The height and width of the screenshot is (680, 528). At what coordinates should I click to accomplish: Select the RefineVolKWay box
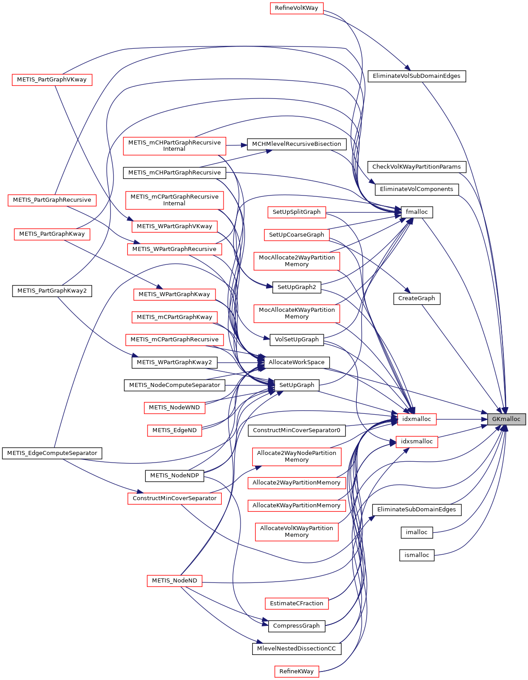(296, 8)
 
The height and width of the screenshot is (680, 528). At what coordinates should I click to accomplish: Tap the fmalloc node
(417, 212)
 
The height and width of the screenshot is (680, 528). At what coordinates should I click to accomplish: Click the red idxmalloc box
(417, 419)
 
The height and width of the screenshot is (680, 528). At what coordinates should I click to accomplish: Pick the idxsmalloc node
(417, 442)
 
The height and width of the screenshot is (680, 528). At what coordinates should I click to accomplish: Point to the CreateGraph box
(417, 298)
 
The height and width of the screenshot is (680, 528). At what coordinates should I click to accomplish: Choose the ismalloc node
(417, 555)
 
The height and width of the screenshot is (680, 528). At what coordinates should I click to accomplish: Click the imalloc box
(417, 532)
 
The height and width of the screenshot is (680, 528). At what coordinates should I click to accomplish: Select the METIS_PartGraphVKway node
(52, 80)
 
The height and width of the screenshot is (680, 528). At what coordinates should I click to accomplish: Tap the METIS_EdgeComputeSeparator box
(52, 453)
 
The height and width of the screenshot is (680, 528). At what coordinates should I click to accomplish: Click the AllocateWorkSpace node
(296, 362)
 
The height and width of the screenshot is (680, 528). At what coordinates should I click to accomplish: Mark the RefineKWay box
(296, 671)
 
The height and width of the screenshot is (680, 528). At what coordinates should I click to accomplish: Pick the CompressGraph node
(296, 626)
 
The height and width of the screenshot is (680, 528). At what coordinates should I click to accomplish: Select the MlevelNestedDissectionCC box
(296, 649)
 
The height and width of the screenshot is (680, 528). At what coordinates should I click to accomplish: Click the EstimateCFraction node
(296, 603)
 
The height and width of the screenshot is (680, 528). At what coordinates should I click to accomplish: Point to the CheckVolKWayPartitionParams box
(417, 167)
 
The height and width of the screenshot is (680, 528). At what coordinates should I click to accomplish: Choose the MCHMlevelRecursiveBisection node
(296, 144)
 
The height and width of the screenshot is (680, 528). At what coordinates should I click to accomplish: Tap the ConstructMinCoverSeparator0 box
(296, 430)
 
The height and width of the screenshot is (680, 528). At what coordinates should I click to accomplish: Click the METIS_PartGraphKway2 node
(52, 291)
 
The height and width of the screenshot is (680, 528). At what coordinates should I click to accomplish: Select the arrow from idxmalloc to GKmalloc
(460, 419)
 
